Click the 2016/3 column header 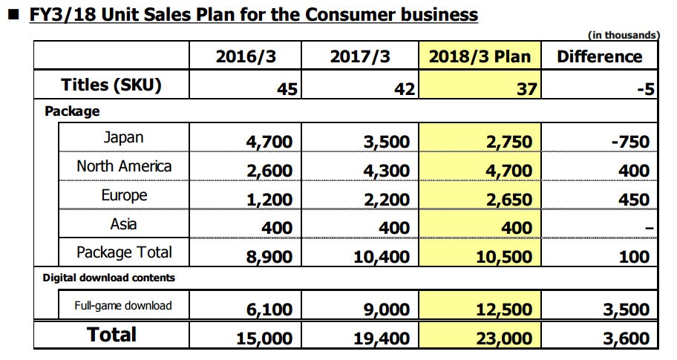247,56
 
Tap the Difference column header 599,56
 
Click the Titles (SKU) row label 111,85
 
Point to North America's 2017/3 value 385,171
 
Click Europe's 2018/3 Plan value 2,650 507,200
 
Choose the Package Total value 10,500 503,258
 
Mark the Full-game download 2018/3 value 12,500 503,309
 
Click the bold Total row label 112,334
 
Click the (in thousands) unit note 623,34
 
